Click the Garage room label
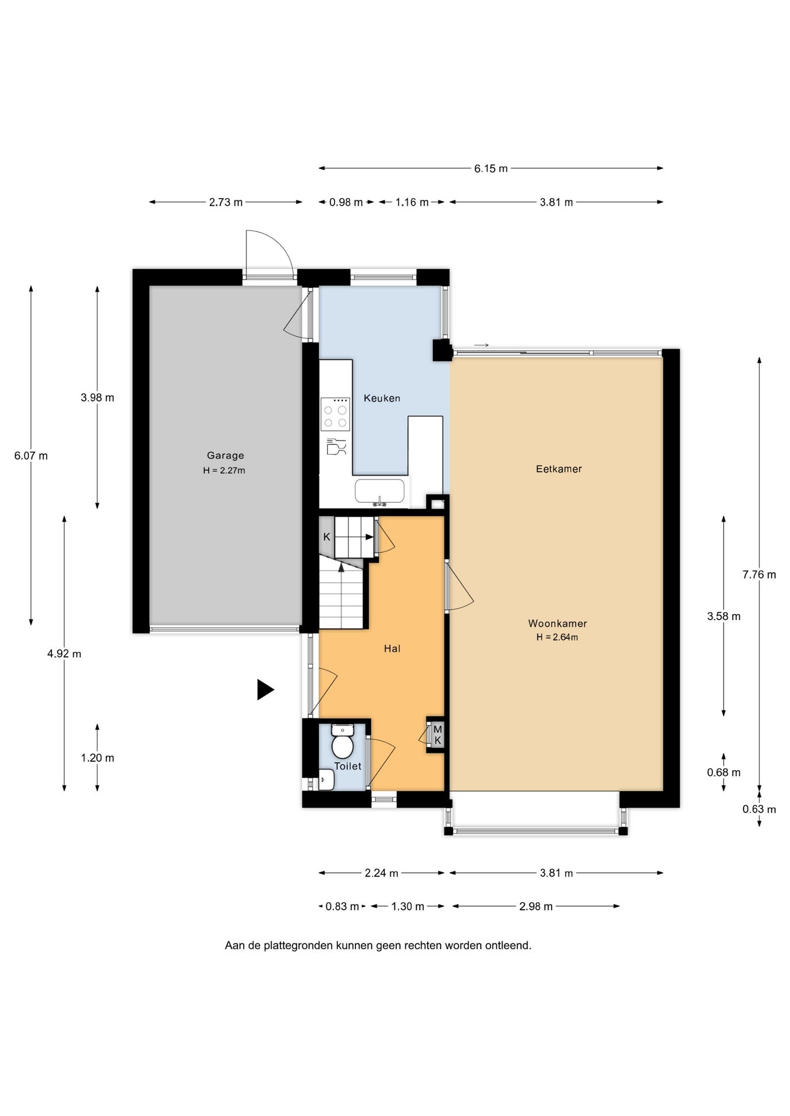click(x=225, y=456)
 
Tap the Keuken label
click(x=382, y=398)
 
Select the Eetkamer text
click(x=558, y=469)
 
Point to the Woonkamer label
click(x=557, y=624)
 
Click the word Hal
click(x=392, y=649)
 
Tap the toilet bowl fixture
click(x=343, y=741)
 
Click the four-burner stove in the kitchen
click(x=335, y=414)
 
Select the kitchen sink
click(x=379, y=492)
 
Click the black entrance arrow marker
click(x=265, y=690)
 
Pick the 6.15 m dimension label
click(x=490, y=169)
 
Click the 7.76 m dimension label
click(x=759, y=575)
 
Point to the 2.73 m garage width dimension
click(x=226, y=202)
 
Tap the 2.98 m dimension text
click(x=536, y=906)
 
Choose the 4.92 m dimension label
click(x=64, y=654)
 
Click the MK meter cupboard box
click(x=437, y=735)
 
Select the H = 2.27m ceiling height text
click(x=224, y=471)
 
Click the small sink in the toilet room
click(x=326, y=780)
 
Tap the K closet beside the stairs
click(x=326, y=537)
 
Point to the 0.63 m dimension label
click(x=759, y=809)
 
